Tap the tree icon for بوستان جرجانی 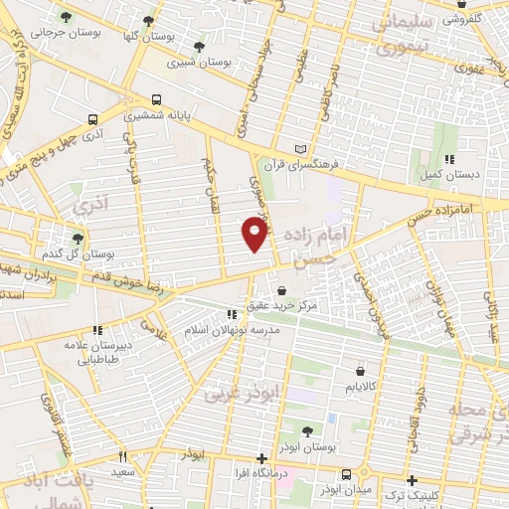pyautogui.click(x=66, y=17)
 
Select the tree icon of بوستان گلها pyautogui.click(x=148, y=20)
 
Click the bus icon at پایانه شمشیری pyautogui.click(x=156, y=99)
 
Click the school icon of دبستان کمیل pyautogui.click(x=449, y=158)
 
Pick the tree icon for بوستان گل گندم pyautogui.click(x=79, y=238)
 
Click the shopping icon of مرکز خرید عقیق pyautogui.click(x=282, y=290)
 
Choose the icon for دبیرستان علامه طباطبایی pyautogui.click(x=97, y=330)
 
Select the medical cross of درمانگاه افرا pyautogui.click(x=261, y=459)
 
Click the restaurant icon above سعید pyautogui.click(x=123, y=456)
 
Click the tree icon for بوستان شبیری pyautogui.click(x=199, y=46)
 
